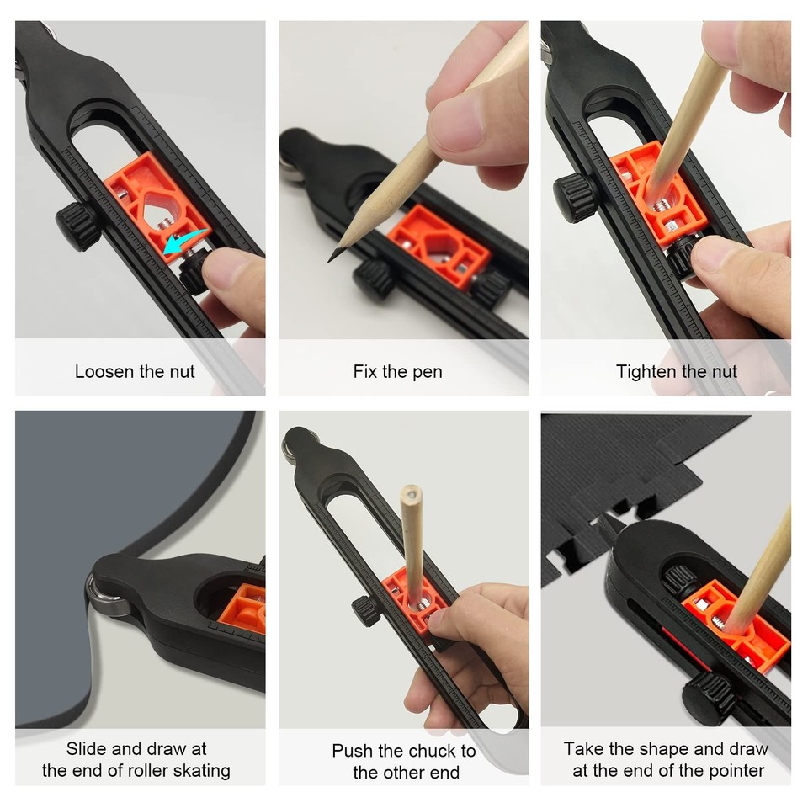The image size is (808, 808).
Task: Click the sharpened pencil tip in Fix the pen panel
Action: pos(332,258)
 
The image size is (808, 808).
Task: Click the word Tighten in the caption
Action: pos(646,371)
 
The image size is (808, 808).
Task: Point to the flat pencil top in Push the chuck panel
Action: pos(411,491)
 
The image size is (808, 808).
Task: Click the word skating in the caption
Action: pos(199,770)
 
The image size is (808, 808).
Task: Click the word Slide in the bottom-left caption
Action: pos(88,749)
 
